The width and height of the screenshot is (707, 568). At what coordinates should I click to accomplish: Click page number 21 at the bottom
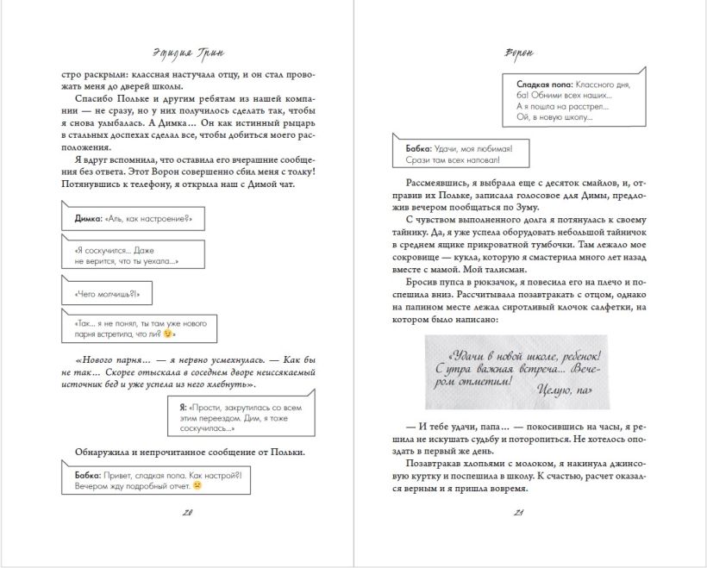[519, 515]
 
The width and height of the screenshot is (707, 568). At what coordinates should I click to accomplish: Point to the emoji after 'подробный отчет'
[197, 485]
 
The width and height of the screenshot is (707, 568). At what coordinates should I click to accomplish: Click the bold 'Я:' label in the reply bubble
[184, 405]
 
